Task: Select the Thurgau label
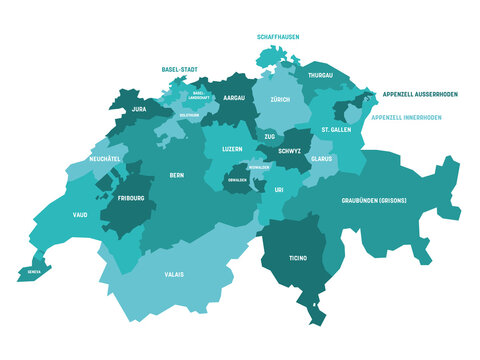coord(321,75)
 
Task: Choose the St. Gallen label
coord(337,130)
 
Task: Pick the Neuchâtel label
coord(105,159)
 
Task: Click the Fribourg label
coord(130,198)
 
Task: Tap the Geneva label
coord(33,268)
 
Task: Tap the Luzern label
coord(231,149)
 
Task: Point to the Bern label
coord(176,175)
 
